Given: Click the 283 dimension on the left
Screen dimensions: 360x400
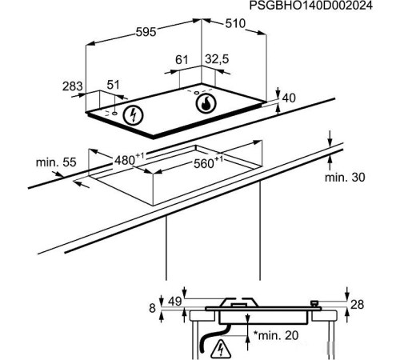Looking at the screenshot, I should coord(73,85).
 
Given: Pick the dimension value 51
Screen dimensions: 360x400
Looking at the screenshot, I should coord(113,85).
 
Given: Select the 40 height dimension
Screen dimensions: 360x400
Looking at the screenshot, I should coord(289,98).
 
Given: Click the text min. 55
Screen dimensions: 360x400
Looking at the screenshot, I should coord(55,162).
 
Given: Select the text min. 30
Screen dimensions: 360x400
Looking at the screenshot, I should coord(343,177).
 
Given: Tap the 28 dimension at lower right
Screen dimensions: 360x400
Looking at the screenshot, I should coord(358,304).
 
